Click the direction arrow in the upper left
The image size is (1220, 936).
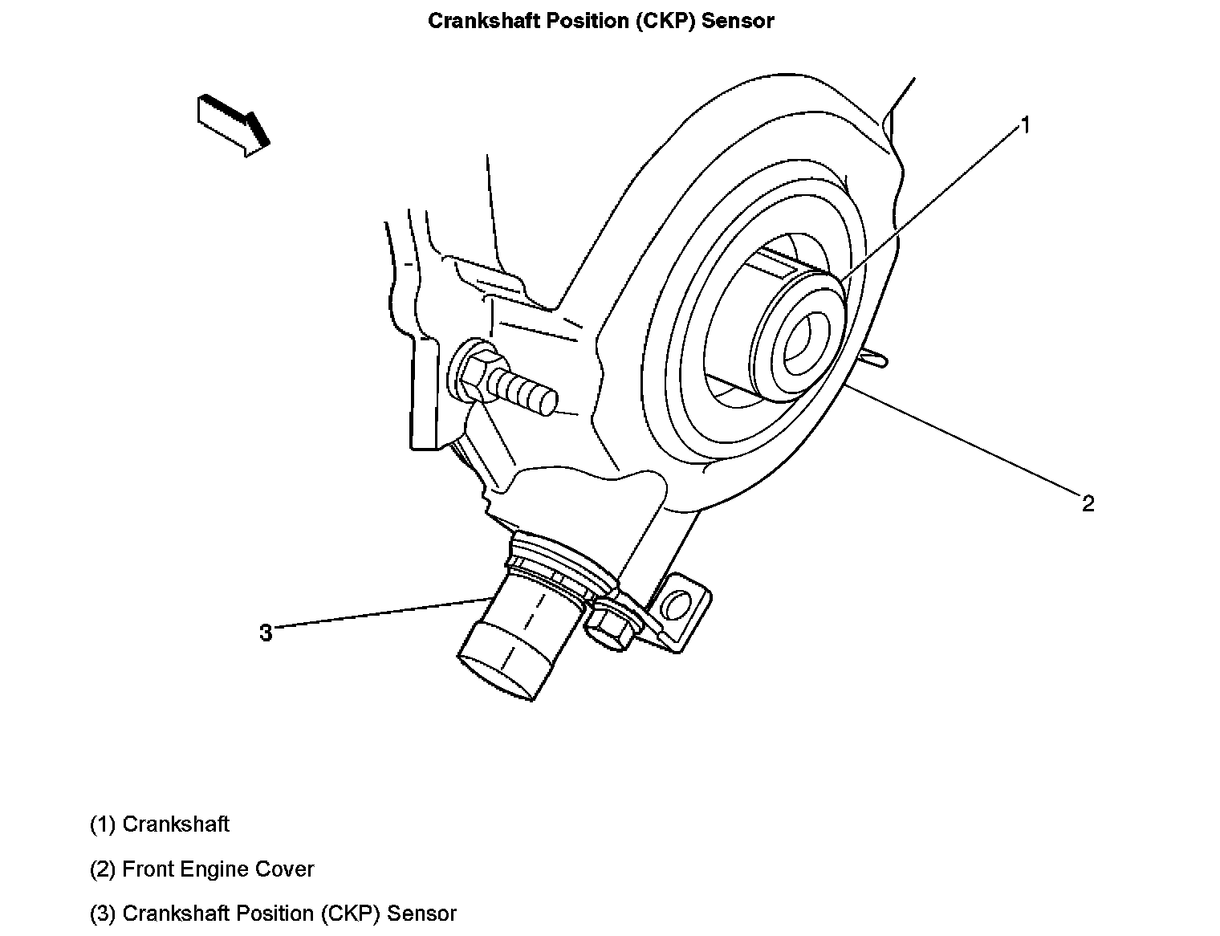point(233,124)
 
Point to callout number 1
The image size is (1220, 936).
point(1025,125)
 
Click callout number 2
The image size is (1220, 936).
point(1088,503)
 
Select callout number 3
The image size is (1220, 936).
point(266,633)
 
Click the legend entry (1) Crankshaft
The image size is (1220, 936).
point(160,824)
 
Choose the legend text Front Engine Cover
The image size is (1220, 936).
point(218,869)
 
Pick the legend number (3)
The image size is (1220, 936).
point(103,914)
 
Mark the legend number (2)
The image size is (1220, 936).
point(103,869)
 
